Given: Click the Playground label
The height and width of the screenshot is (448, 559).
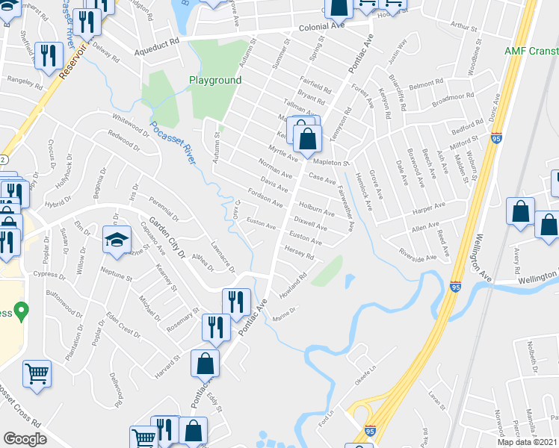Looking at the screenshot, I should point(214,80).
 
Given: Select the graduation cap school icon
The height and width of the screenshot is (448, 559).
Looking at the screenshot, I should point(116,240).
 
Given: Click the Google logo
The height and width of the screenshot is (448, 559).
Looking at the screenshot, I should point(25,439).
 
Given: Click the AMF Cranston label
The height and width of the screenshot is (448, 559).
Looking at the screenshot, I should point(531,51).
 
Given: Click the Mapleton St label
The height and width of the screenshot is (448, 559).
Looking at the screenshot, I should point(332,161).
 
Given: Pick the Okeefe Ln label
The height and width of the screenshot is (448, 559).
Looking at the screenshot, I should point(364,363).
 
